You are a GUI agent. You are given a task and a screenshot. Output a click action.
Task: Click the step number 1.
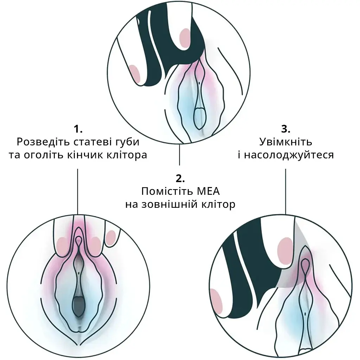tap(78, 129)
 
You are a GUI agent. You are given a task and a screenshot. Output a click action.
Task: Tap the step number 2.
tap(180, 179)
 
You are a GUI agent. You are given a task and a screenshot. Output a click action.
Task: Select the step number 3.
tap(285, 129)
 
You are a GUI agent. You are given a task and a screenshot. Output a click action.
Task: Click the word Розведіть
tap(44, 142)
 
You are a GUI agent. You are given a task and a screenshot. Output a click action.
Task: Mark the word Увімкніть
tap(285, 142)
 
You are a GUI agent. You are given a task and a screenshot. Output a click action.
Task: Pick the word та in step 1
tap(14, 155)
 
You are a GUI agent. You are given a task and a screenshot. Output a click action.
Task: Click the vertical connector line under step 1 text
tap(78, 192)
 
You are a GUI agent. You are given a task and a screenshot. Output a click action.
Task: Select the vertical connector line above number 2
tap(179, 155)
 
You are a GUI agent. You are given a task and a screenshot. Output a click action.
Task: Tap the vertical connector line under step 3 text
tap(285, 192)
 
